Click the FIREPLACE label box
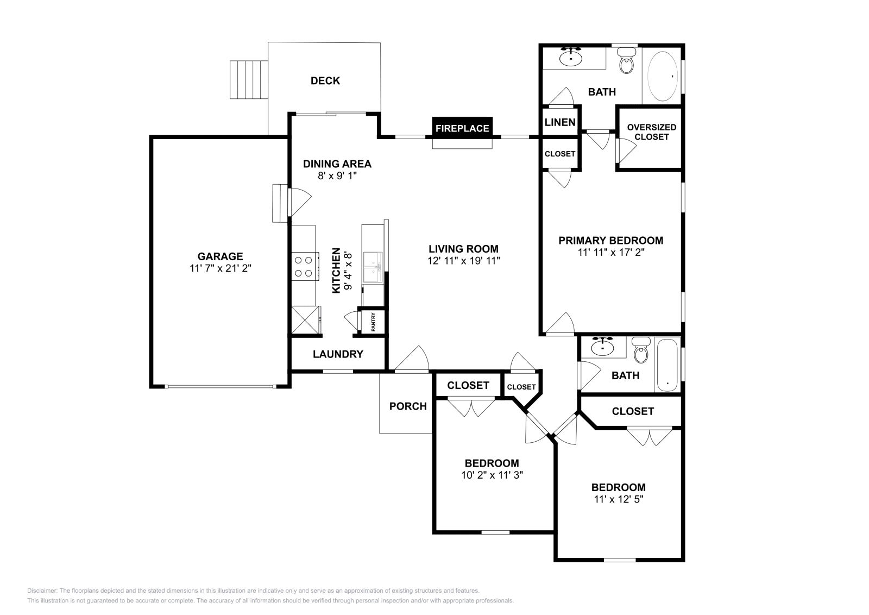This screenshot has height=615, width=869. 462,128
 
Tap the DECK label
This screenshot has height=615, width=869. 325,81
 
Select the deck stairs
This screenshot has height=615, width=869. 249,79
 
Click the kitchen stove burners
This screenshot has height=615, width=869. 303,267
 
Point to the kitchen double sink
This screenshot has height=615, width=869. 373,267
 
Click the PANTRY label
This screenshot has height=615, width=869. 373,322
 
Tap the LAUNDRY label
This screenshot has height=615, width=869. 338,354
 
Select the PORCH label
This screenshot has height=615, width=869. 408,406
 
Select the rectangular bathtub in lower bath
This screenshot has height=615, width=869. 667,365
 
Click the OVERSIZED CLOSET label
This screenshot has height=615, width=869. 651,132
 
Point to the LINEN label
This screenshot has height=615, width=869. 559,122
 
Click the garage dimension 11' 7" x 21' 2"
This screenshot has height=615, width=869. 220,268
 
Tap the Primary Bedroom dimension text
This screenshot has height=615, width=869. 611,252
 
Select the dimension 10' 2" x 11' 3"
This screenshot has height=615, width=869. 492,475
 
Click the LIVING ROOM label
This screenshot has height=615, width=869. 463,249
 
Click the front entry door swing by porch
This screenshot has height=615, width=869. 413,360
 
